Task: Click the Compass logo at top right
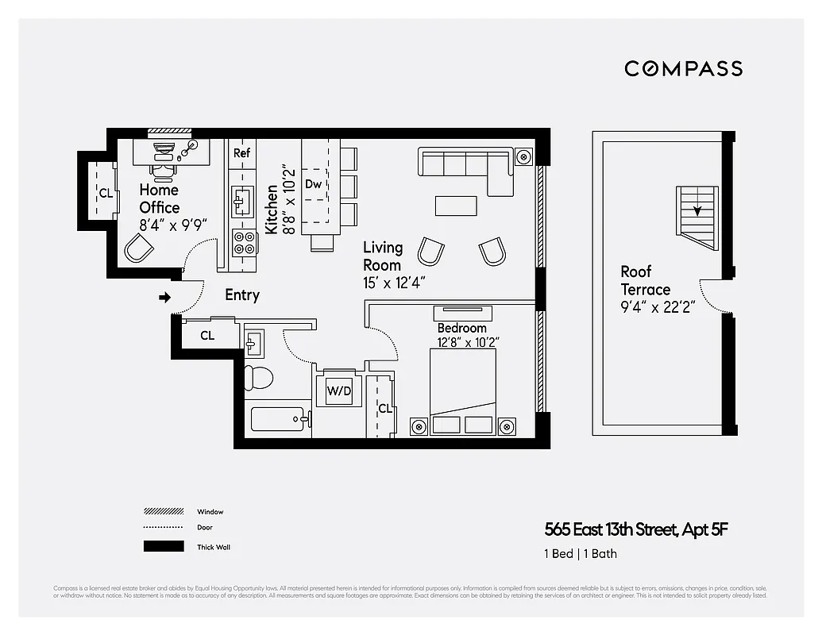pos(683,68)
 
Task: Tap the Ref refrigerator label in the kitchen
pos(241,153)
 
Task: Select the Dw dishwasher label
pos(314,184)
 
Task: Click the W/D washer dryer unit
pos(339,391)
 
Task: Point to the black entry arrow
pos(165,298)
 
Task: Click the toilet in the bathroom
pos(257,378)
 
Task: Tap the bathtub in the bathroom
pos(277,418)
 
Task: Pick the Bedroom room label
pos(461,328)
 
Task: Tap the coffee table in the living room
pos(456,206)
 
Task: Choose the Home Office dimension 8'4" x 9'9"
pos(173,225)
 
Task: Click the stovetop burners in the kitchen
pos(244,241)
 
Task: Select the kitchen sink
pos(242,202)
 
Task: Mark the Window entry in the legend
pos(210,512)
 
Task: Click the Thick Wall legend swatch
pos(164,546)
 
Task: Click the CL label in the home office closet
pos(105,193)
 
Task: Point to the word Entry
pos(242,294)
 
